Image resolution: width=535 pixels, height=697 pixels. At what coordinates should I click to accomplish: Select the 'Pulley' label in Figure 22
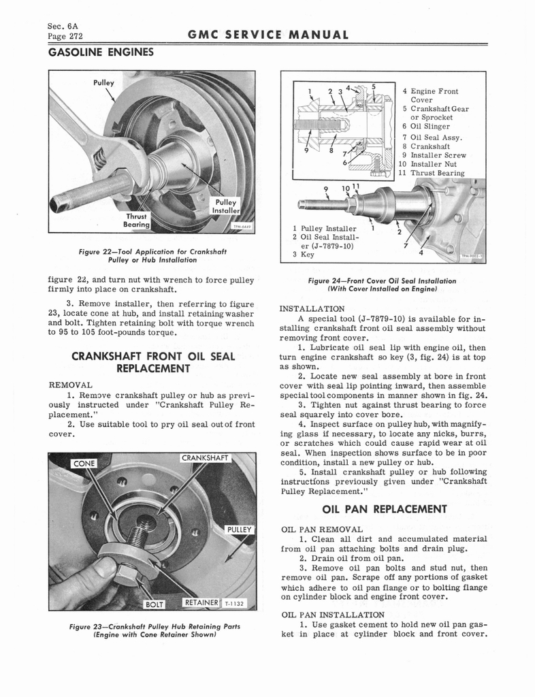point(103,82)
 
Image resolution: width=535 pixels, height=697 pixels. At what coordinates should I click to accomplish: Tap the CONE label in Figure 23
point(84,464)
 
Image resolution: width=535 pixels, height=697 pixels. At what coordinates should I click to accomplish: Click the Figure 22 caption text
point(152,255)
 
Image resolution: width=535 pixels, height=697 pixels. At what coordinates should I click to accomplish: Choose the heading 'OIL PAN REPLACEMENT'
point(383,508)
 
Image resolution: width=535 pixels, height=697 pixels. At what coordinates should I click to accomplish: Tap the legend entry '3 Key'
point(303,255)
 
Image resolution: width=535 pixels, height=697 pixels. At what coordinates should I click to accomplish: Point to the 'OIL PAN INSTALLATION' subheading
point(333,615)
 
